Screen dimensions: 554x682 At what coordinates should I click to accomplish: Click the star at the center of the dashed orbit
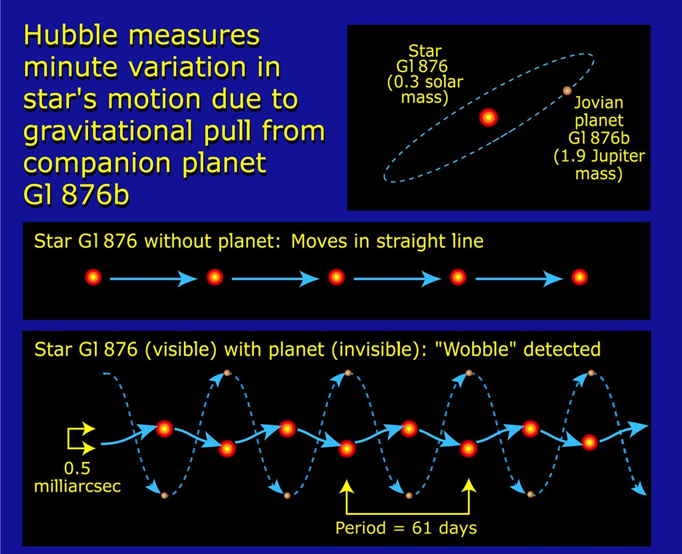point(488,118)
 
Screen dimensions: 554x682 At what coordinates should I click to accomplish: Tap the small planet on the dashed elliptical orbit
point(567,91)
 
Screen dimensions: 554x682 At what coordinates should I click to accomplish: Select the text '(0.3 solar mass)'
point(425,90)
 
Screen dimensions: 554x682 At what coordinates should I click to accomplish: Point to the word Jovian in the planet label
point(598,103)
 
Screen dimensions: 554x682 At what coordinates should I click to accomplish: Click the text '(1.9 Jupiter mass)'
point(599,165)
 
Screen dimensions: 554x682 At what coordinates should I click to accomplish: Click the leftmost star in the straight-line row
point(93,277)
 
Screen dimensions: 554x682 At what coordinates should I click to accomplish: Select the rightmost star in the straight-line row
point(579,277)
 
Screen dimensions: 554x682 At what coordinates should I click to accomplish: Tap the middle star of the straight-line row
point(336,277)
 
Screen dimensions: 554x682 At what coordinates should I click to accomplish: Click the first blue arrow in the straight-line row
point(153,279)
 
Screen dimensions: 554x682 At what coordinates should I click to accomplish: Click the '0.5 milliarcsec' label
point(77,477)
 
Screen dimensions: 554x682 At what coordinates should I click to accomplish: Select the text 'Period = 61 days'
point(406,528)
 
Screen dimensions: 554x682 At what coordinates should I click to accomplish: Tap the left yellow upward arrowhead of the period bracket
point(347,485)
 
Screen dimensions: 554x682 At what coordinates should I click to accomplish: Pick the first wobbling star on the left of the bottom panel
point(164,429)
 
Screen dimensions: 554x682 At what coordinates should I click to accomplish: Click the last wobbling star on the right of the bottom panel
point(589,442)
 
